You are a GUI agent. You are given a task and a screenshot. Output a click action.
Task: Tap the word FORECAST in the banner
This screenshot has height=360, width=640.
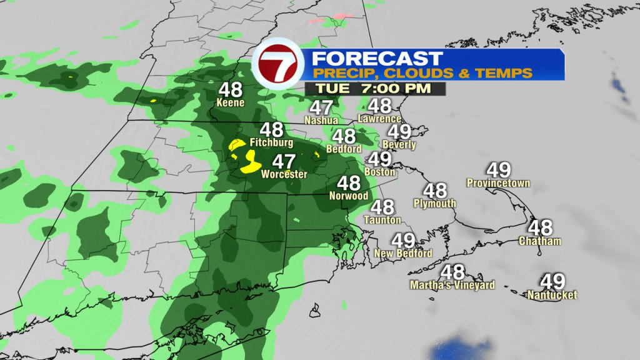(x=377, y=59)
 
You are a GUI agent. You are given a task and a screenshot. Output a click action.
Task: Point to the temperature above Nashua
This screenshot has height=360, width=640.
(x=322, y=107)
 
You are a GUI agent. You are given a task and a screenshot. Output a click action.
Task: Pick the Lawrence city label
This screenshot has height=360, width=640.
(x=379, y=119)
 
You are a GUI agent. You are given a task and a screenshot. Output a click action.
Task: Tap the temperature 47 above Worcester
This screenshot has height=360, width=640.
(x=284, y=161)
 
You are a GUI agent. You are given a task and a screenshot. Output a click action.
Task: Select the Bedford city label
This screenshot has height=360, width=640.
(x=344, y=149)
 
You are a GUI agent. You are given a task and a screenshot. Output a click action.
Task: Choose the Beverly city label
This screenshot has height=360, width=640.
(x=399, y=144)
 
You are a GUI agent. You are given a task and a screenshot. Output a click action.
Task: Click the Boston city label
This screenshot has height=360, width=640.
(x=380, y=171)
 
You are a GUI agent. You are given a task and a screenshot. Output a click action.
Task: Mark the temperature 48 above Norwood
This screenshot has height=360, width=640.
(x=349, y=183)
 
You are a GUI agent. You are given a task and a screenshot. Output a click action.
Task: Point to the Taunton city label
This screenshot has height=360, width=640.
(x=383, y=220)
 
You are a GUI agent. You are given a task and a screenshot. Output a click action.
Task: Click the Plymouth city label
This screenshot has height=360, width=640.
(x=435, y=203)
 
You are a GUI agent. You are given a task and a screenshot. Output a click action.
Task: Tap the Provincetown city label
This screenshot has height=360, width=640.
(x=498, y=183)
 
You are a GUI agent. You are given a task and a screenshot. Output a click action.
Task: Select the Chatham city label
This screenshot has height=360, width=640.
(x=540, y=241)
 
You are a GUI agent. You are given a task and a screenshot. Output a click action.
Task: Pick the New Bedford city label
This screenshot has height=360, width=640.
(x=403, y=253)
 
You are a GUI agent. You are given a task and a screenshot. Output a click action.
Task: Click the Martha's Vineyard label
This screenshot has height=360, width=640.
(x=452, y=285)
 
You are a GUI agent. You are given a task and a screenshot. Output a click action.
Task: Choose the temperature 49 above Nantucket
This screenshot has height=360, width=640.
(x=552, y=282)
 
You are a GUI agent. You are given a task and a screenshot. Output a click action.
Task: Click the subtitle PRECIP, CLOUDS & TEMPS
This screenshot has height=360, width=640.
(x=422, y=73)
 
